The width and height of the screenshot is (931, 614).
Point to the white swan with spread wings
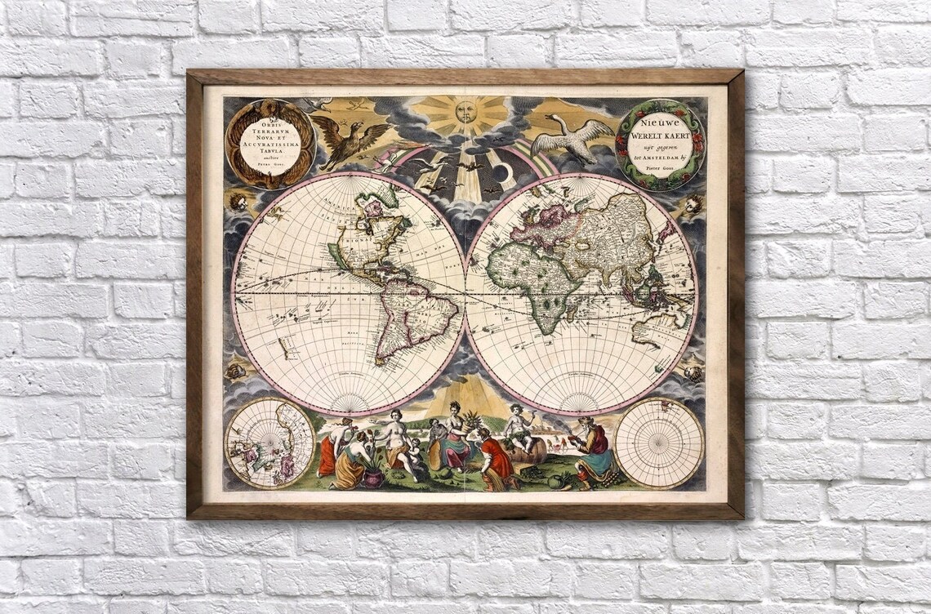pyautogui.click(x=572, y=137)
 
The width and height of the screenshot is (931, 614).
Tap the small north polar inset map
pyautogui.click(x=269, y=443)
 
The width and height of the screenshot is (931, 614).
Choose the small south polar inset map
pyautogui.click(x=658, y=443)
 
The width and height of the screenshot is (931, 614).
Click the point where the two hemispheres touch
pyautogui.click(x=465, y=292)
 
